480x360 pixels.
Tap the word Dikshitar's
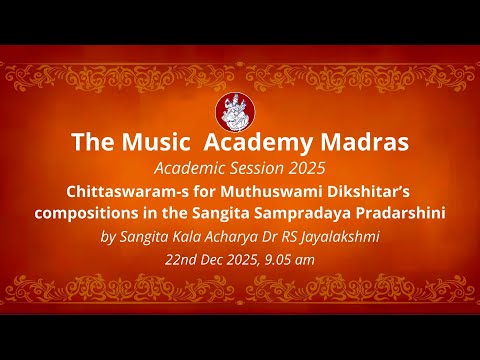(x=378, y=189)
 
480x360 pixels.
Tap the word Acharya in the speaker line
(x=227, y=235)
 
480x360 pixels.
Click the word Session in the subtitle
(x=260, y=166)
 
